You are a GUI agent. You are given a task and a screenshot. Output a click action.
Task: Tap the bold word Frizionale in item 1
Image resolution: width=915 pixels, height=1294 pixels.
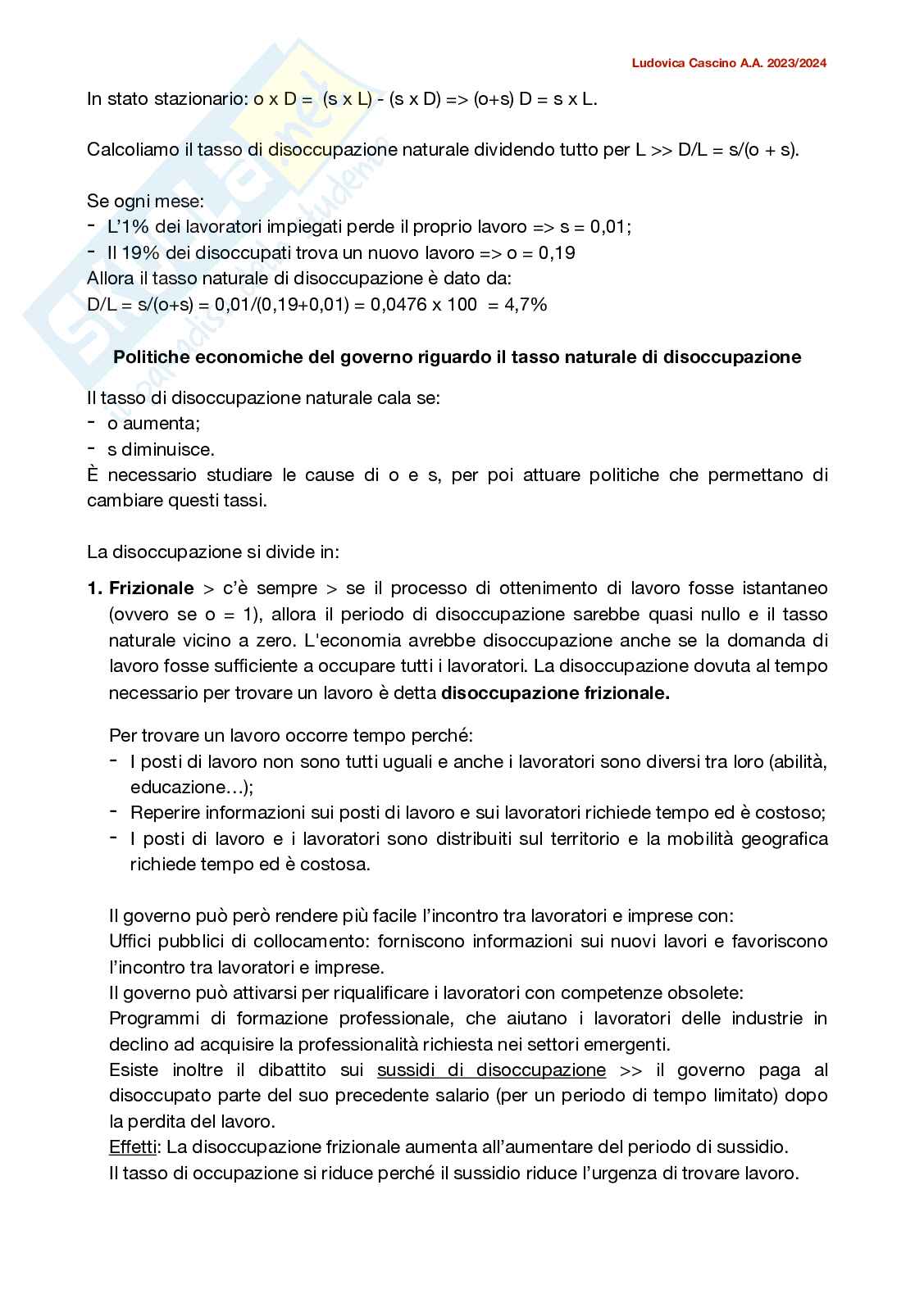pos(152,588)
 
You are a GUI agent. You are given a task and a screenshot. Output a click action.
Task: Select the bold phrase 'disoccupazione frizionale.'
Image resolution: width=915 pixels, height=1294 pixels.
pos(555,693)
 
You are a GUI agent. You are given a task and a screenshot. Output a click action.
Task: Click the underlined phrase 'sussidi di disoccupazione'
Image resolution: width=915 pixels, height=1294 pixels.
pos(491,1070)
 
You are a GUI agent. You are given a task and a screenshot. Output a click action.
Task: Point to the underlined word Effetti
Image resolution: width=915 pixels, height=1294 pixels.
pos(132,1147)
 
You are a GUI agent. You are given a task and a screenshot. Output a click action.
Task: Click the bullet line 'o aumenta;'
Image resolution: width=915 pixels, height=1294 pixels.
pos(154,424)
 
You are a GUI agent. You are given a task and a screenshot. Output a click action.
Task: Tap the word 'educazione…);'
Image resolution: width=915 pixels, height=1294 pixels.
pos(192,788)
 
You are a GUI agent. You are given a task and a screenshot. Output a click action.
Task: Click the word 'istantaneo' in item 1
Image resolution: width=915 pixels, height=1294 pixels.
pos(785,588)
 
